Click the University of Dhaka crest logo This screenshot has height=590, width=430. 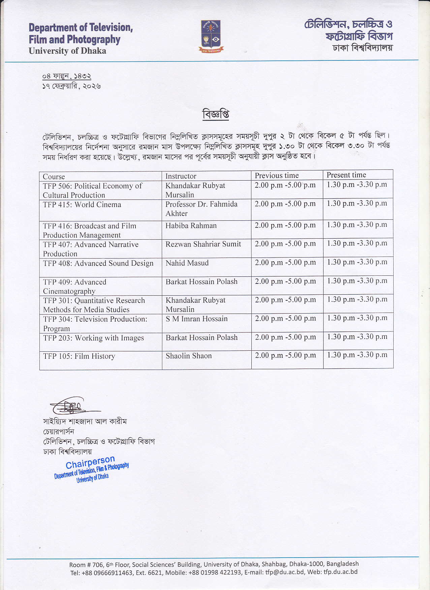pos(211,36)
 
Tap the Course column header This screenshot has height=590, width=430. pos(54,177)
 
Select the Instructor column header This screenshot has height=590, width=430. pos(181,176)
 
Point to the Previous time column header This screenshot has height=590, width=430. pos(277,176)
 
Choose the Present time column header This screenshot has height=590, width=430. pos(346,175)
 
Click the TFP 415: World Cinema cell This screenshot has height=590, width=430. pos(82,205)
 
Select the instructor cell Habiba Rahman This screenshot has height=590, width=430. pos(191,225)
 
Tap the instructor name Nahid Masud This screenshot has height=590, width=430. pos(187,263)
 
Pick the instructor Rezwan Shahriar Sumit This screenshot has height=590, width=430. pos(203,244)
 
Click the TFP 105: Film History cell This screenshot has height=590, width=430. pos(79,356)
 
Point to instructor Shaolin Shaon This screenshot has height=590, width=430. pos(189,356)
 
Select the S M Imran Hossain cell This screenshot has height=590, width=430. pos(197,319)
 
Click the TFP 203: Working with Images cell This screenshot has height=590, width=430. pos(94,338)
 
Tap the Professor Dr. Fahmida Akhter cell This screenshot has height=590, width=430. pos(202,209)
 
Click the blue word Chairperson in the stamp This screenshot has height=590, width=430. pos(90,463)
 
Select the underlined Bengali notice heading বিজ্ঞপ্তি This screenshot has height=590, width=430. pos(216,114)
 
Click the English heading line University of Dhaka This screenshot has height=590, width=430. pos(67,51)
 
